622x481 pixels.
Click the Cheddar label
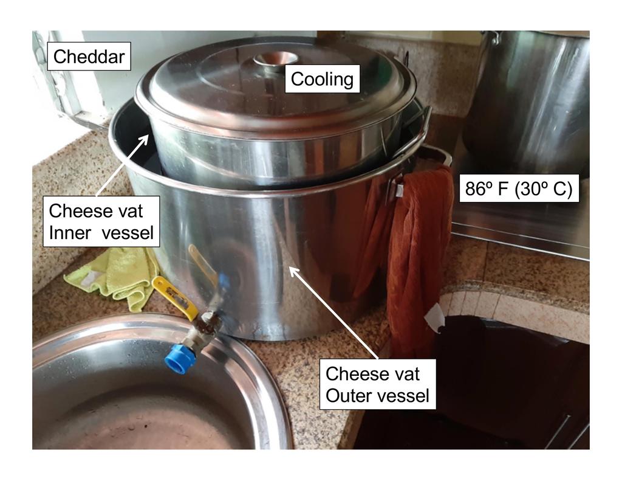[89, 57]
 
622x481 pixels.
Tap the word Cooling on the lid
[322, 79]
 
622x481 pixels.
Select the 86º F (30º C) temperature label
[519, 189]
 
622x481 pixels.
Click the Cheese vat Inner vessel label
[101, 221]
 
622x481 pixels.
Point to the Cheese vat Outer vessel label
[378, 384]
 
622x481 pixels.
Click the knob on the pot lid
[276, 60]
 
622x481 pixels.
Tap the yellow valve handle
[174, 298]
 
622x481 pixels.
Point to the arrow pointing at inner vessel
[123, 164]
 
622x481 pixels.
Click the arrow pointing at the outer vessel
[334, 312]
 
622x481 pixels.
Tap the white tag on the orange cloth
[435, 318]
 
